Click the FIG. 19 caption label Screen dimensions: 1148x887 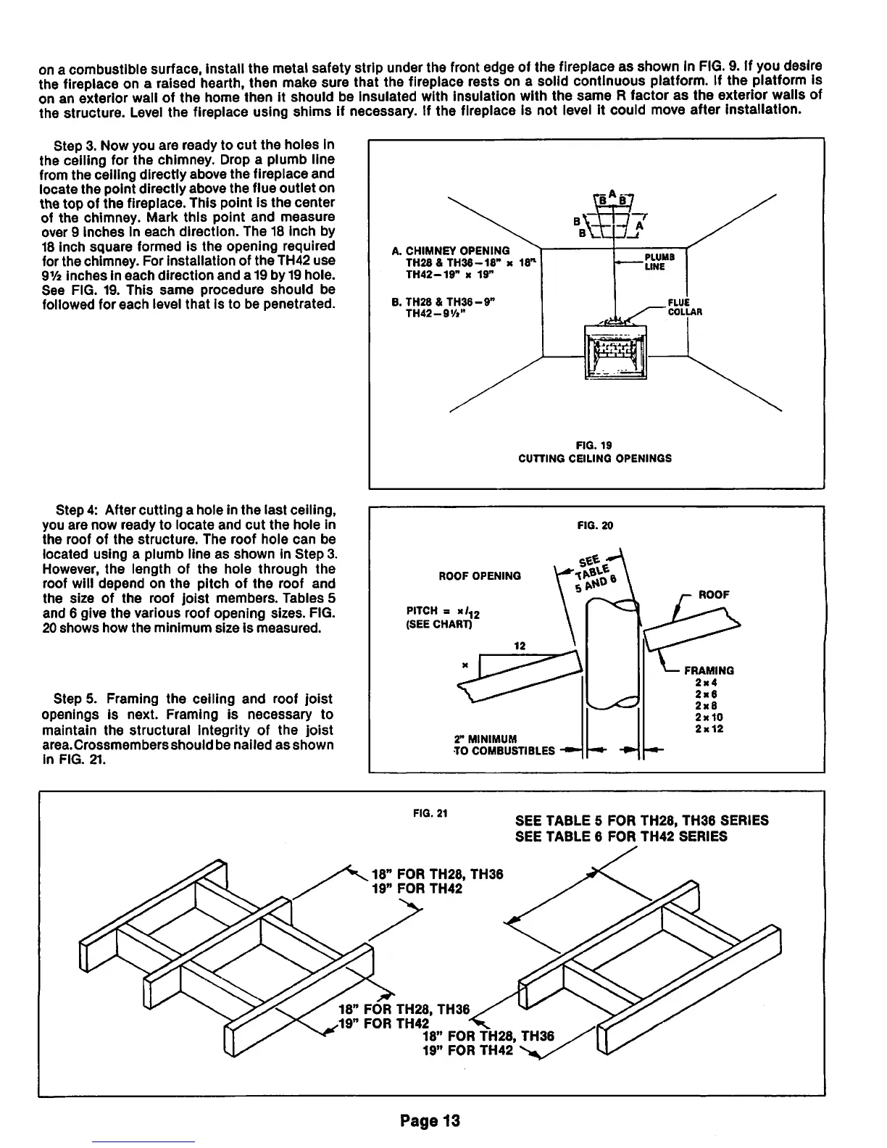coord(595,444)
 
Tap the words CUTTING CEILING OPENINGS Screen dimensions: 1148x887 coord(595,458)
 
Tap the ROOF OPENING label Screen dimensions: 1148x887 coord(480,576)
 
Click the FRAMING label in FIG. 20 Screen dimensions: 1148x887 coord(709,670)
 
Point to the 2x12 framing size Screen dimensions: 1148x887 coord(708,728)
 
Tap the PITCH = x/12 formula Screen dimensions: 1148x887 coord(443,614)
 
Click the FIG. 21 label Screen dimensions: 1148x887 coord(430,812)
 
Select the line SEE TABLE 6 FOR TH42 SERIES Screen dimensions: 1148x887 coord(620,837)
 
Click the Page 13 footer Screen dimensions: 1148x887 coord(429,1121)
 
